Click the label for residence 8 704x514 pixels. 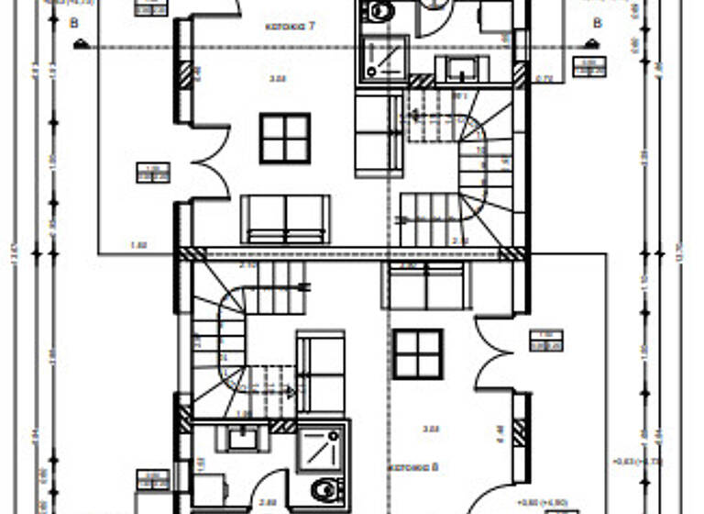pyautogui.click(x=413, y=467)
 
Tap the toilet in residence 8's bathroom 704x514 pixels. pyautogui.click(x=324, y=488)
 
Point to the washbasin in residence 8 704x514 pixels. pyautogui.click(x=245, y=438)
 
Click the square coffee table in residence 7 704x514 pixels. pyautogui.click(x=284, y=138)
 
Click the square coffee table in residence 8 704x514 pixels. pyautogui.click(x=418, y=353)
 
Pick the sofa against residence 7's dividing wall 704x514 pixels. pyautogui.click(x=284, y=218)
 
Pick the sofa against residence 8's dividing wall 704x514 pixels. pyautogui.click(x=426, y=285)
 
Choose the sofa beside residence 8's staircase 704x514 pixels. pyautogui.click(x=320, y=372)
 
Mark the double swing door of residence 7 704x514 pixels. pyautogui.click(x=211, y=161)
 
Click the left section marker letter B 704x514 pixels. pyautogui.click(x=74, y=24)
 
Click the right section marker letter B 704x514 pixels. pyautogui.click(x=597, y=23)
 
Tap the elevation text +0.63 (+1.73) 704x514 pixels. pyautogui.click(x=638, y=461)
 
